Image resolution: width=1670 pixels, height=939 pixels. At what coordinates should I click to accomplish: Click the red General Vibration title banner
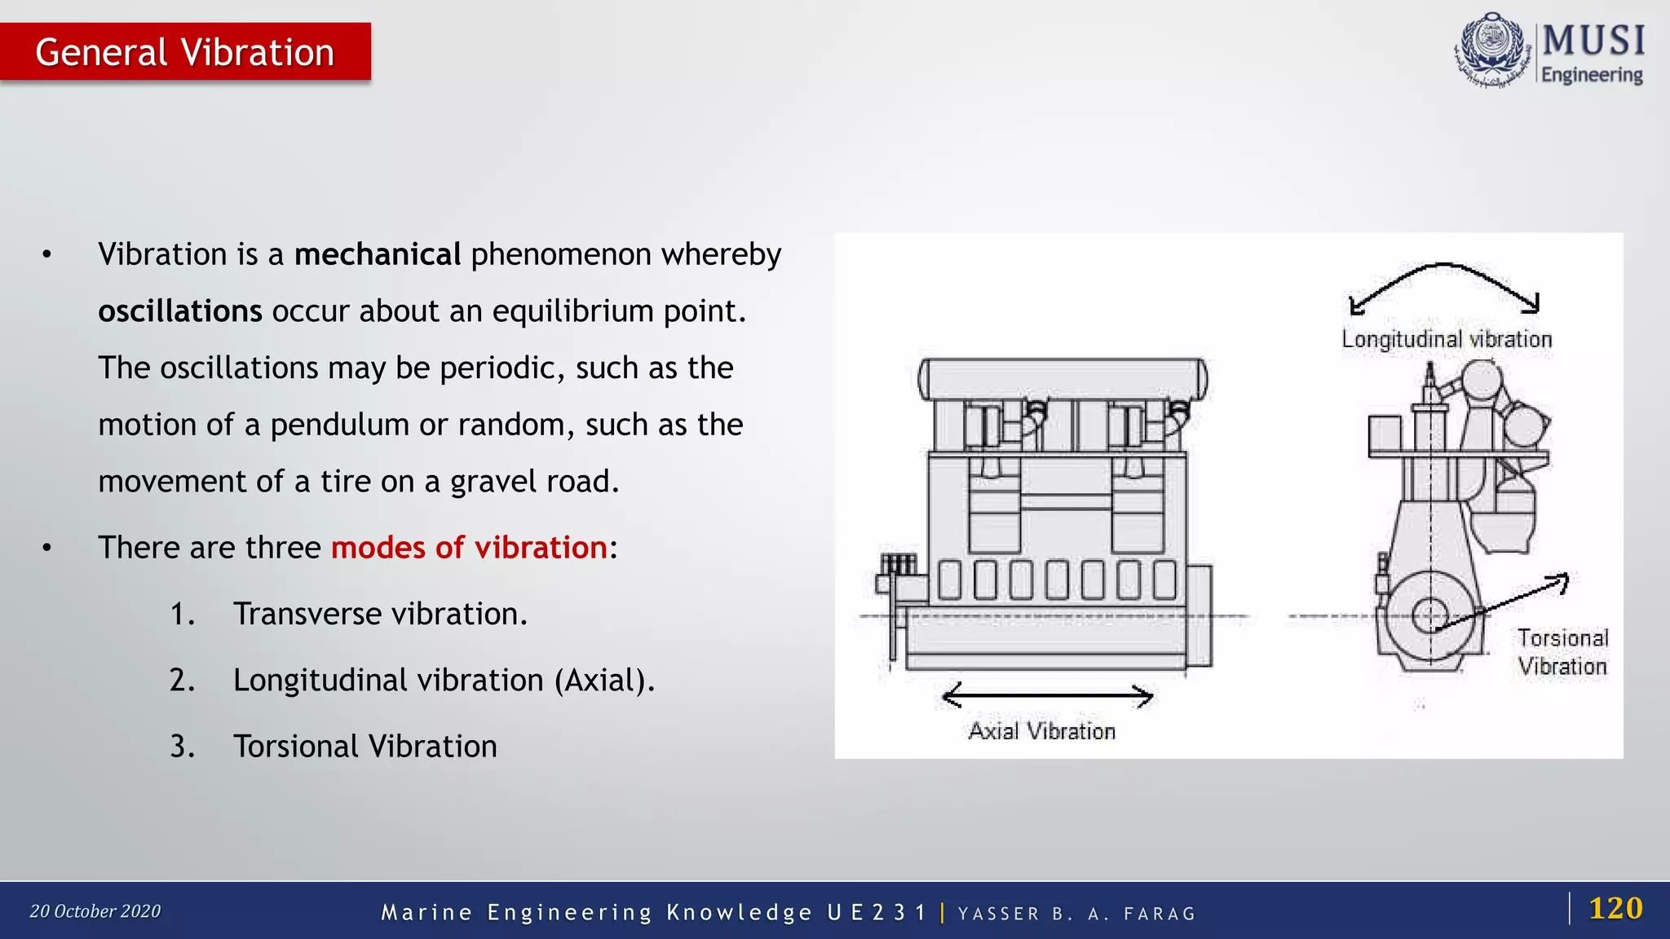[x=185, y=52]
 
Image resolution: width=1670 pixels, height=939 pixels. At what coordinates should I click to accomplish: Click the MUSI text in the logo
[x=1593, y=40]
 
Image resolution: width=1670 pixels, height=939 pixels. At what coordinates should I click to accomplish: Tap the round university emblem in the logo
[x=1491, y=50]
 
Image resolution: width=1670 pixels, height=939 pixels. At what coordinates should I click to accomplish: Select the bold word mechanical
[x=378, y=254]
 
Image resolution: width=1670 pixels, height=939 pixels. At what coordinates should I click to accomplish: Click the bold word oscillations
[x=180, y=311]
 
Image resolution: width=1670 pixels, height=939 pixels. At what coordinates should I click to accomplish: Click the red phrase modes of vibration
[x=469, y=548]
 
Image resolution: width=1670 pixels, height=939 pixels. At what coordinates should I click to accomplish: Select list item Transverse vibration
[x=380, y=614]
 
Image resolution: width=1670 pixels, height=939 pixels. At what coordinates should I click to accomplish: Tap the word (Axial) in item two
[x=604, y=680]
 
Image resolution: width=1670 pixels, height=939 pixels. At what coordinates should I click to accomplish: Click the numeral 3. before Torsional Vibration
[x=182, y=747]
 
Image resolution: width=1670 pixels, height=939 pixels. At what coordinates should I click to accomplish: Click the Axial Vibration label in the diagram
[x=1041, y=731]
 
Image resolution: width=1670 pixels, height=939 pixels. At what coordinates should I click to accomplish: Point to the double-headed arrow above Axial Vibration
[x=1047, y=696]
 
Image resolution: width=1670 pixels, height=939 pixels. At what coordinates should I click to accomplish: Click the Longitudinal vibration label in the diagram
[x=1447, y=339]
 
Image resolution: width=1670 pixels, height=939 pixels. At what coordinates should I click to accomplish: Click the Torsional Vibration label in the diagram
[x=1562, y=652]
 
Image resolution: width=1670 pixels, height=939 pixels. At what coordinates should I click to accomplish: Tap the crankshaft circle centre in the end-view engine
[x=1429, y=616]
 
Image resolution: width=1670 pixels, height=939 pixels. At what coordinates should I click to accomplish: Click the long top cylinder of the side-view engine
[x=1063, y=379]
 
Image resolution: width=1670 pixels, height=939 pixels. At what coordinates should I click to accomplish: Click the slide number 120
[x=1615, y=908]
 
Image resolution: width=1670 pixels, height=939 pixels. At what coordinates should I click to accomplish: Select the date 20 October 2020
[x=95, y=911]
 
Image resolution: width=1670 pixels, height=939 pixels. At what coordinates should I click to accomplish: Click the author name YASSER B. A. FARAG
[x=1076, y=914]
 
